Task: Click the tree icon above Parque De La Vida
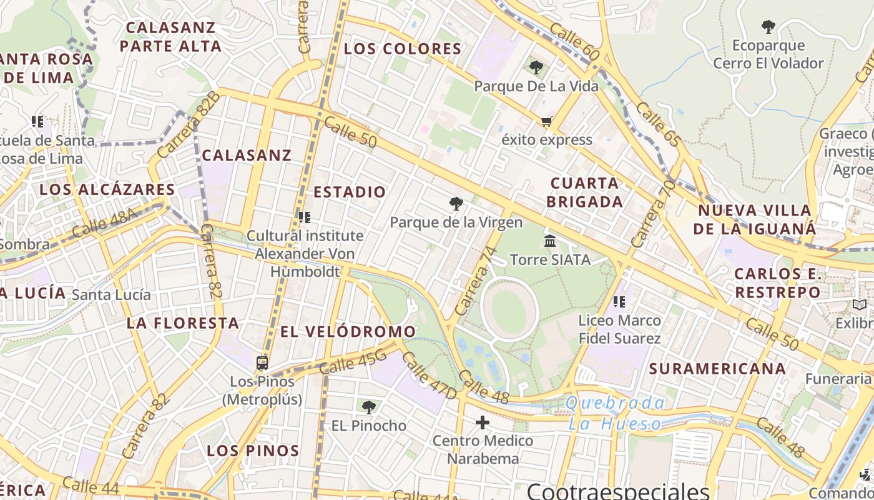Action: (x=536, y=67)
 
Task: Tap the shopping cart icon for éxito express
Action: (x=547, y=121)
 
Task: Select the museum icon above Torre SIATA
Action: (x=550, y=241)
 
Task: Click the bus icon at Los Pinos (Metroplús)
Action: (x=262, y=362)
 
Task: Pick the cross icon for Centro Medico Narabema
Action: (x=483, y=422)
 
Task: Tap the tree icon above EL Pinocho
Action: (x=369, y=407)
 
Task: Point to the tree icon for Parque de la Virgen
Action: (x=456, y=204)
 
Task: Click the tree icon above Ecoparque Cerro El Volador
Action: (x=768, y=27)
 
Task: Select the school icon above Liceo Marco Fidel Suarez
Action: (x=619, y=302)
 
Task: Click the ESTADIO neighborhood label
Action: (x=350, y=192)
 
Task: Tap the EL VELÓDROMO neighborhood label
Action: (x=348, y=332)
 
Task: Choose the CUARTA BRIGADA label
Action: (x=586, y=192)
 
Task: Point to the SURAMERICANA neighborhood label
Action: (x=717, y=369)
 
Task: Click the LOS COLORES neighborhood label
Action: (x=403, y=49)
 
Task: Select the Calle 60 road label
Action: (x=575, y=42)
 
